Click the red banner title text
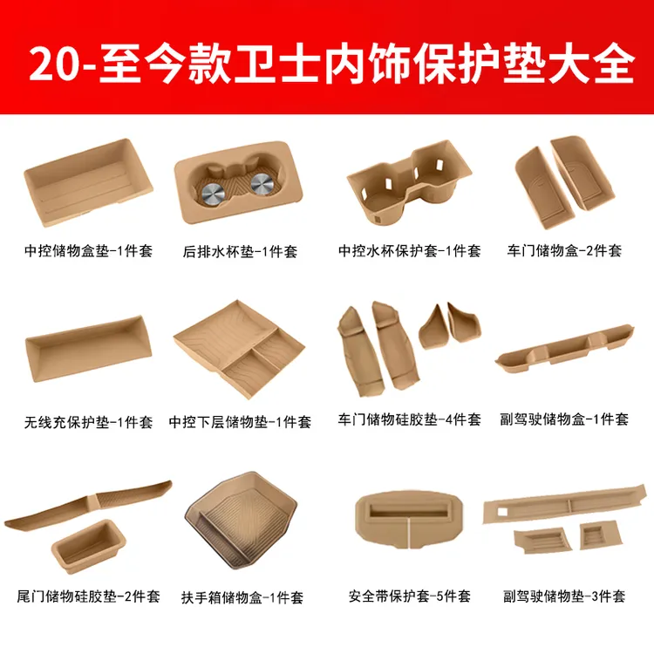coord(331,64)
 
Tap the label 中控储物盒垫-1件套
coord(88,250)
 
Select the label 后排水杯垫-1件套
coord(240,251)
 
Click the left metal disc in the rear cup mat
coord(213,194)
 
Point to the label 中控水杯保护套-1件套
coord(410,250)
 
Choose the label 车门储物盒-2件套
coord(564,250)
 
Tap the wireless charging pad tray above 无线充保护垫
coord(88,348)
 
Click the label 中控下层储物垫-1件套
coord(240,422)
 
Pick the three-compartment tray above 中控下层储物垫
coord(239,349)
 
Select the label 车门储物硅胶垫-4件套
coord(410,419)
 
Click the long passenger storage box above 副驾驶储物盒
coord(564,349)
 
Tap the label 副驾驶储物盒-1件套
coord(564,419)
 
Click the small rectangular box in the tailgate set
coord(88,547)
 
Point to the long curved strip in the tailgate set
coord(87,506)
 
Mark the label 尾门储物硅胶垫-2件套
coord(88,596)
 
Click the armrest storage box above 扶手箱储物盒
coord(241,521)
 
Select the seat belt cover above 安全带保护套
coord(409,520)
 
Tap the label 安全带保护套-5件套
coord(410,596)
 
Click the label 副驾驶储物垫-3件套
coord(564,596)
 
